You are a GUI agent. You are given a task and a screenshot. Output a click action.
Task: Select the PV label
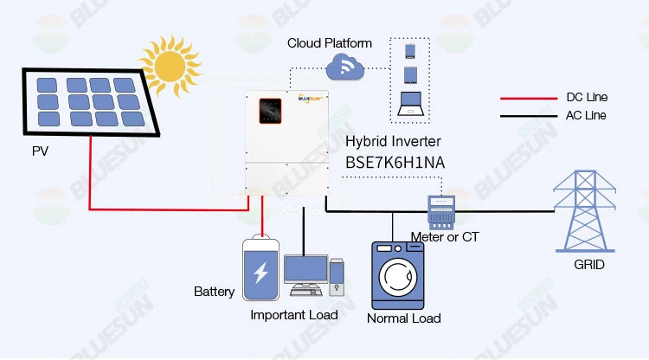pyautogui.click(x=41, y=152)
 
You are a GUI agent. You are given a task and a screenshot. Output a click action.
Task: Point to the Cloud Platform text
pyautogui.click(x=330, y=42)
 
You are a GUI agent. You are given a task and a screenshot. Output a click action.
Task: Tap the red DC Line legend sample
pyautogui.click(x=527, y=98)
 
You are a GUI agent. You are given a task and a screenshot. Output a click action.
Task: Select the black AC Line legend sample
pyautogui.click(x=527, y=115)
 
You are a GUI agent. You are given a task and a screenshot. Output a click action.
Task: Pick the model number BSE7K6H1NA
pyautogui.click(x=396, y=161)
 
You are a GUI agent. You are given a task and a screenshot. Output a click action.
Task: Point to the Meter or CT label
pyautogui.click(x=445, y=236)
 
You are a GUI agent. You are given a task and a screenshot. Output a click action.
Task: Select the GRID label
pyautogui.click(x=588, y=265)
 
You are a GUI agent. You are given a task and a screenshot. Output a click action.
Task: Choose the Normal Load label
pyautogui.click(x=403, y=318)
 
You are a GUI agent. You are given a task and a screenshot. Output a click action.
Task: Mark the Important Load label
pyautogui.click(x=293, y=315)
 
